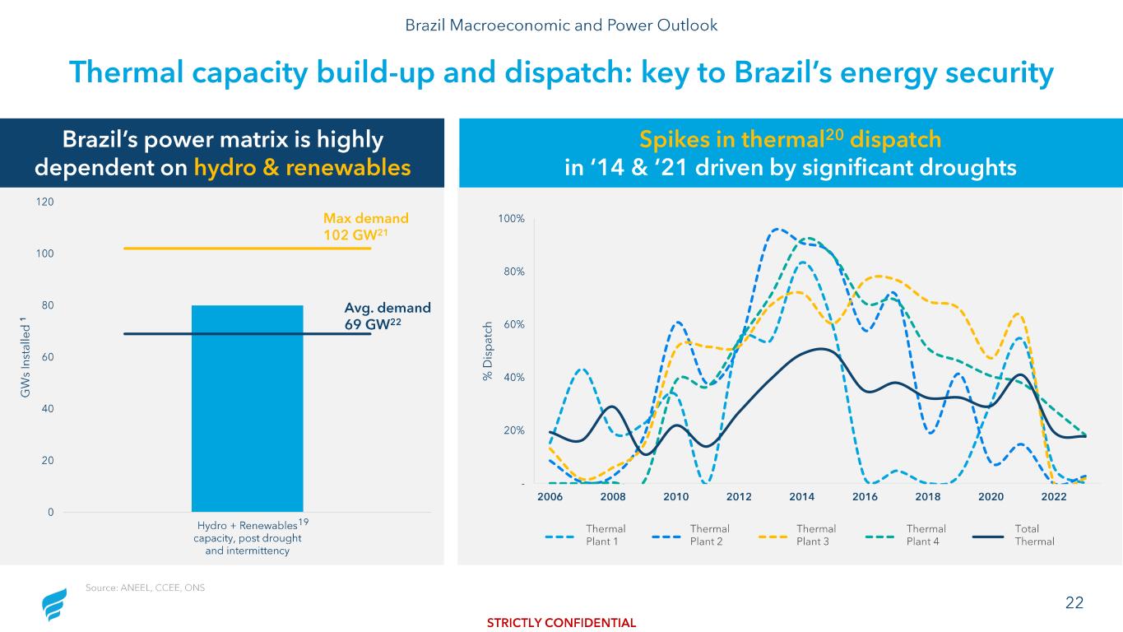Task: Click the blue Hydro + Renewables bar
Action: [247, 408]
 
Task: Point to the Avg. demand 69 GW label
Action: [387, 315]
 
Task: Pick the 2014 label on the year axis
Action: [801, 497]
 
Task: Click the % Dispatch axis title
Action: [488, 351]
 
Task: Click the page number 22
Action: [1074, 603]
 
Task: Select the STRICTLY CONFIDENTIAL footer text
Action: [562, 623]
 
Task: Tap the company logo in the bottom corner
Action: [55, 605]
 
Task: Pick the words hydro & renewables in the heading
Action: [302, 167]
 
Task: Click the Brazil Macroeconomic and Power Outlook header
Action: [561, 25]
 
